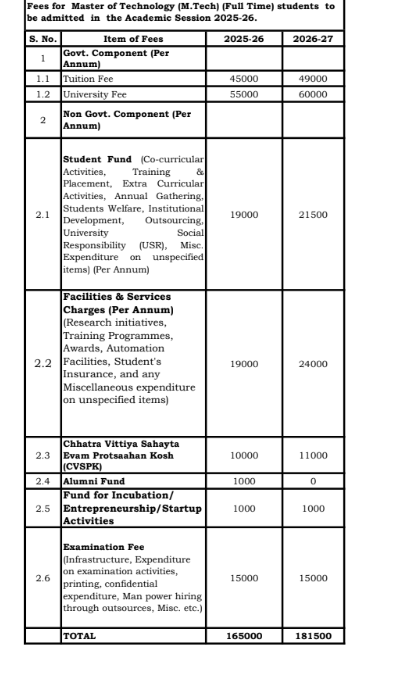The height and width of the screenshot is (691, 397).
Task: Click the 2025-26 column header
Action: (243, 38)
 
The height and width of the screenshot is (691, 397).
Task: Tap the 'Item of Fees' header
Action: (133, 38)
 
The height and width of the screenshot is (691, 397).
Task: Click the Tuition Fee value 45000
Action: (243, 77)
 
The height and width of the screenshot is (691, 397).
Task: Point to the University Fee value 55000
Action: (243, 93)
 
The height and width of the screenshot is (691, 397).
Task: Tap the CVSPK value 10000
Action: (243, 455)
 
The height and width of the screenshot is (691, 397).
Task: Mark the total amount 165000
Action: (243, 635)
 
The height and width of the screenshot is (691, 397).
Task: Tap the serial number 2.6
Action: (43, 578)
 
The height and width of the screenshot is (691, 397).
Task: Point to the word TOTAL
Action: (80, 635)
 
